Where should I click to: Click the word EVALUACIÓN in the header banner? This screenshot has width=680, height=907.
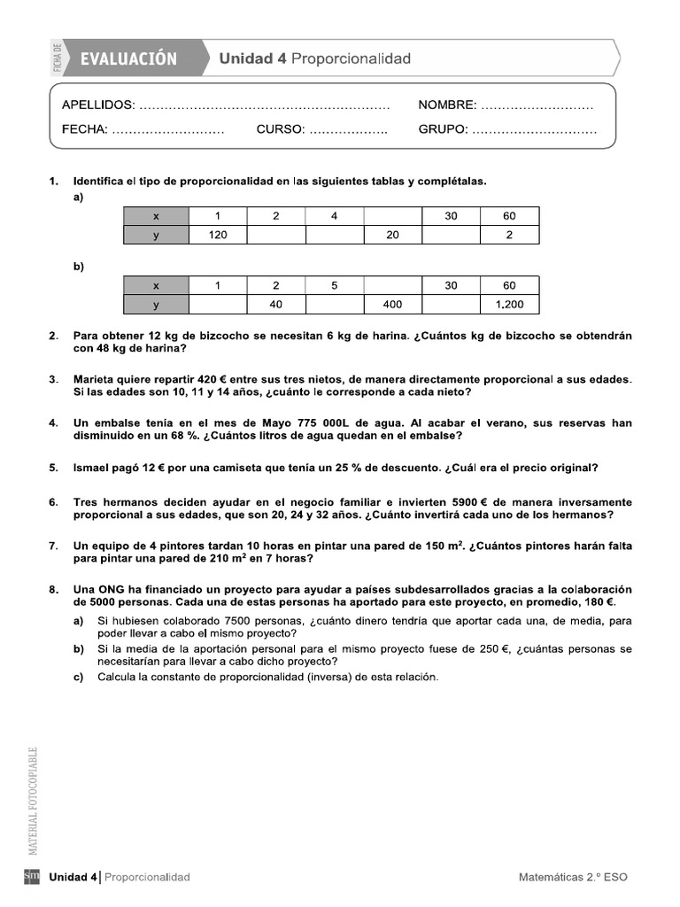point(128,59)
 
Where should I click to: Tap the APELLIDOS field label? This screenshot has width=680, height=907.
point(98,105)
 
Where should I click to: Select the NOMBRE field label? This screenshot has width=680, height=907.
point(447,105)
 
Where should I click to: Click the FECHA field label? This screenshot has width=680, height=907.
point(84,129)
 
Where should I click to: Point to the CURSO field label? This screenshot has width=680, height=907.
point(281,129)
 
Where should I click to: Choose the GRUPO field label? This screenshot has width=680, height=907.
point(443,129)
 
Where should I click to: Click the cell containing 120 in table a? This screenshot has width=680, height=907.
point(217,235)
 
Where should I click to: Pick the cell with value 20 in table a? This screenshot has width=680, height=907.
point(392,235)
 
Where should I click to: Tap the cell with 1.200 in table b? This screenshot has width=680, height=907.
point(509,304)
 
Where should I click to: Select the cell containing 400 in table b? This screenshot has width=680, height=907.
point(392,304)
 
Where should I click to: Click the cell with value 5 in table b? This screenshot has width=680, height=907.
point(334,285)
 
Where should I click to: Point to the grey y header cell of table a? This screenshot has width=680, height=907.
point(156,235)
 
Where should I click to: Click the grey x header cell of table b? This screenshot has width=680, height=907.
point(156,285)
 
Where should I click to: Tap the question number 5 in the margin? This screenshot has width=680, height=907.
point(53,468)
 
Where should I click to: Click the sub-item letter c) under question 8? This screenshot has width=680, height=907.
point(79,678)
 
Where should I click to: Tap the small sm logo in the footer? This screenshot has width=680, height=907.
point(32,877)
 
